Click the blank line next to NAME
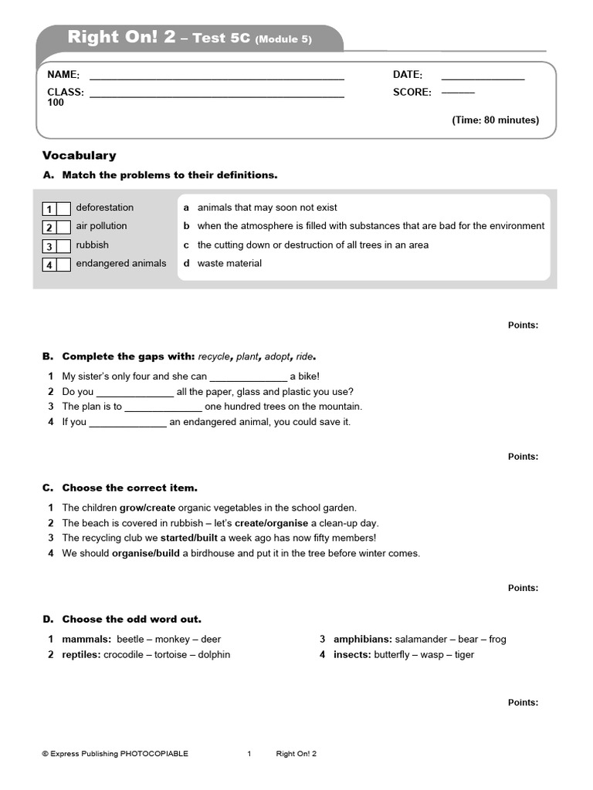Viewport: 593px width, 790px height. [x=216, y=78]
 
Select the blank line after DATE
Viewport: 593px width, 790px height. [x=483, y=78]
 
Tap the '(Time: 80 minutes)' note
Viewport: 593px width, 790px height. [x=495, y=120]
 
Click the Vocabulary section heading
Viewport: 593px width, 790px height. [x=79, y=155]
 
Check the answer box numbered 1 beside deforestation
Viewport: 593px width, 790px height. [x=63, y=208]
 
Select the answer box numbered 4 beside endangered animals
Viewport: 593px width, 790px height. [x=63, y=265]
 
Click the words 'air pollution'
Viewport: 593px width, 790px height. [x=101, y=226]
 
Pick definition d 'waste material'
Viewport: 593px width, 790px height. [x=229, y=263]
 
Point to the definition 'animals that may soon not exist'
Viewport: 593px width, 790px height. [x=267, y=208]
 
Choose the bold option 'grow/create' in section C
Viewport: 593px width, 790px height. [x=147, y=508]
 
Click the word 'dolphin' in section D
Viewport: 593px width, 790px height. [x=214, y=654]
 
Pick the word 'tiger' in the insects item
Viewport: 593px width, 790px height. [x=463, y=654]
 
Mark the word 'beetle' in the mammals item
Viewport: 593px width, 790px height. [x=130, y=639]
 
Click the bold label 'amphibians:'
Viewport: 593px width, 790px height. [x=362, y=639]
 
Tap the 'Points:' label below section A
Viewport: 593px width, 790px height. [x=523, y=326]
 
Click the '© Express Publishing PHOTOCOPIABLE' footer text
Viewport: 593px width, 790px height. [x=114, y=754]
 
